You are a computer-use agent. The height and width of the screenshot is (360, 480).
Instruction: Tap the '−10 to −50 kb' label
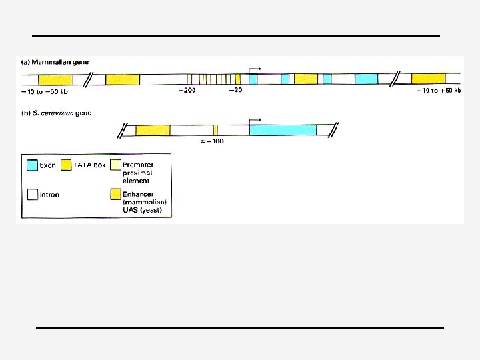point(46,91)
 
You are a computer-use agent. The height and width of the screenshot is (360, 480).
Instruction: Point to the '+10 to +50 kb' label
point(438,91)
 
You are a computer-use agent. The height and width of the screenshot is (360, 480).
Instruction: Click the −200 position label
point(187,91)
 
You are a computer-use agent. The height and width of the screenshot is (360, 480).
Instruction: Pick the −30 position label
point(235,91)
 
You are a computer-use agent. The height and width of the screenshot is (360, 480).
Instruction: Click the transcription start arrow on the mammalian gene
point(255,69)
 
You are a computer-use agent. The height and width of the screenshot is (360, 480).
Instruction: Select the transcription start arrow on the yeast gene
point(255,121)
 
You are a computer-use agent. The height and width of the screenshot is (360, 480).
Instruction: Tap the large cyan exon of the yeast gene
point(283,129)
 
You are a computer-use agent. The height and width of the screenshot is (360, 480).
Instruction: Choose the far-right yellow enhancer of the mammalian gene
point(428,79)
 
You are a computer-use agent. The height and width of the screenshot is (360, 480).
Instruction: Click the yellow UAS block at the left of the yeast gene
point(153,130)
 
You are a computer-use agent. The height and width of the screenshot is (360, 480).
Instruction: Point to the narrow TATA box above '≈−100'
point(215,130)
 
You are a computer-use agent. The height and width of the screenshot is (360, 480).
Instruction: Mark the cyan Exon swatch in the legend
point(32,165)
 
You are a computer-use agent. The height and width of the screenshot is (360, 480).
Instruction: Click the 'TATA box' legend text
point(89,165)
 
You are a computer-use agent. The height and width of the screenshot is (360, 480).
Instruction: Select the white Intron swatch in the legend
point(32,195)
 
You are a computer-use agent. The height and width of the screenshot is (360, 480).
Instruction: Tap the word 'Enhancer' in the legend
point(137,195)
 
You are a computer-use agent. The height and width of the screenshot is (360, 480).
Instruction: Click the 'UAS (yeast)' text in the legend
point(142,210)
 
